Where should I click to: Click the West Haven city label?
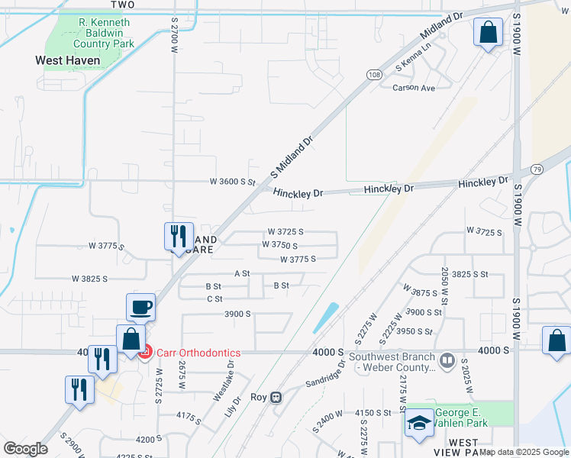pyautogui.click(x=68, y=60)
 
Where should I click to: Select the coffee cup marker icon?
pyautogui.click(x=141, y=308)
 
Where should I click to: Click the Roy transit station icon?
pyautogui.click(x=277, y=398)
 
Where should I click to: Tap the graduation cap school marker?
pyautogui.click(x=418, y=425)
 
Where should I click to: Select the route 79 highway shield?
pyautogui.click(x=537, y=169)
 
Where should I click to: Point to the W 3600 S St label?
pyautogui.click(x=233, y=182)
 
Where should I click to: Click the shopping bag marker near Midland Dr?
pyautogui.click(x=488, y=34)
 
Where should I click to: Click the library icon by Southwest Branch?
pyautogui.click(x=447, y=359)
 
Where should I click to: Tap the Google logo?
pyautogui.click(x=25, y=448)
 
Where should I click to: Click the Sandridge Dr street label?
pyautogui.click(x=326, y=373)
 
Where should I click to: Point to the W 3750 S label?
pyautogui.click(x=279, y=245)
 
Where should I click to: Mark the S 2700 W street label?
pyautogui.click(x=174, y=31)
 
